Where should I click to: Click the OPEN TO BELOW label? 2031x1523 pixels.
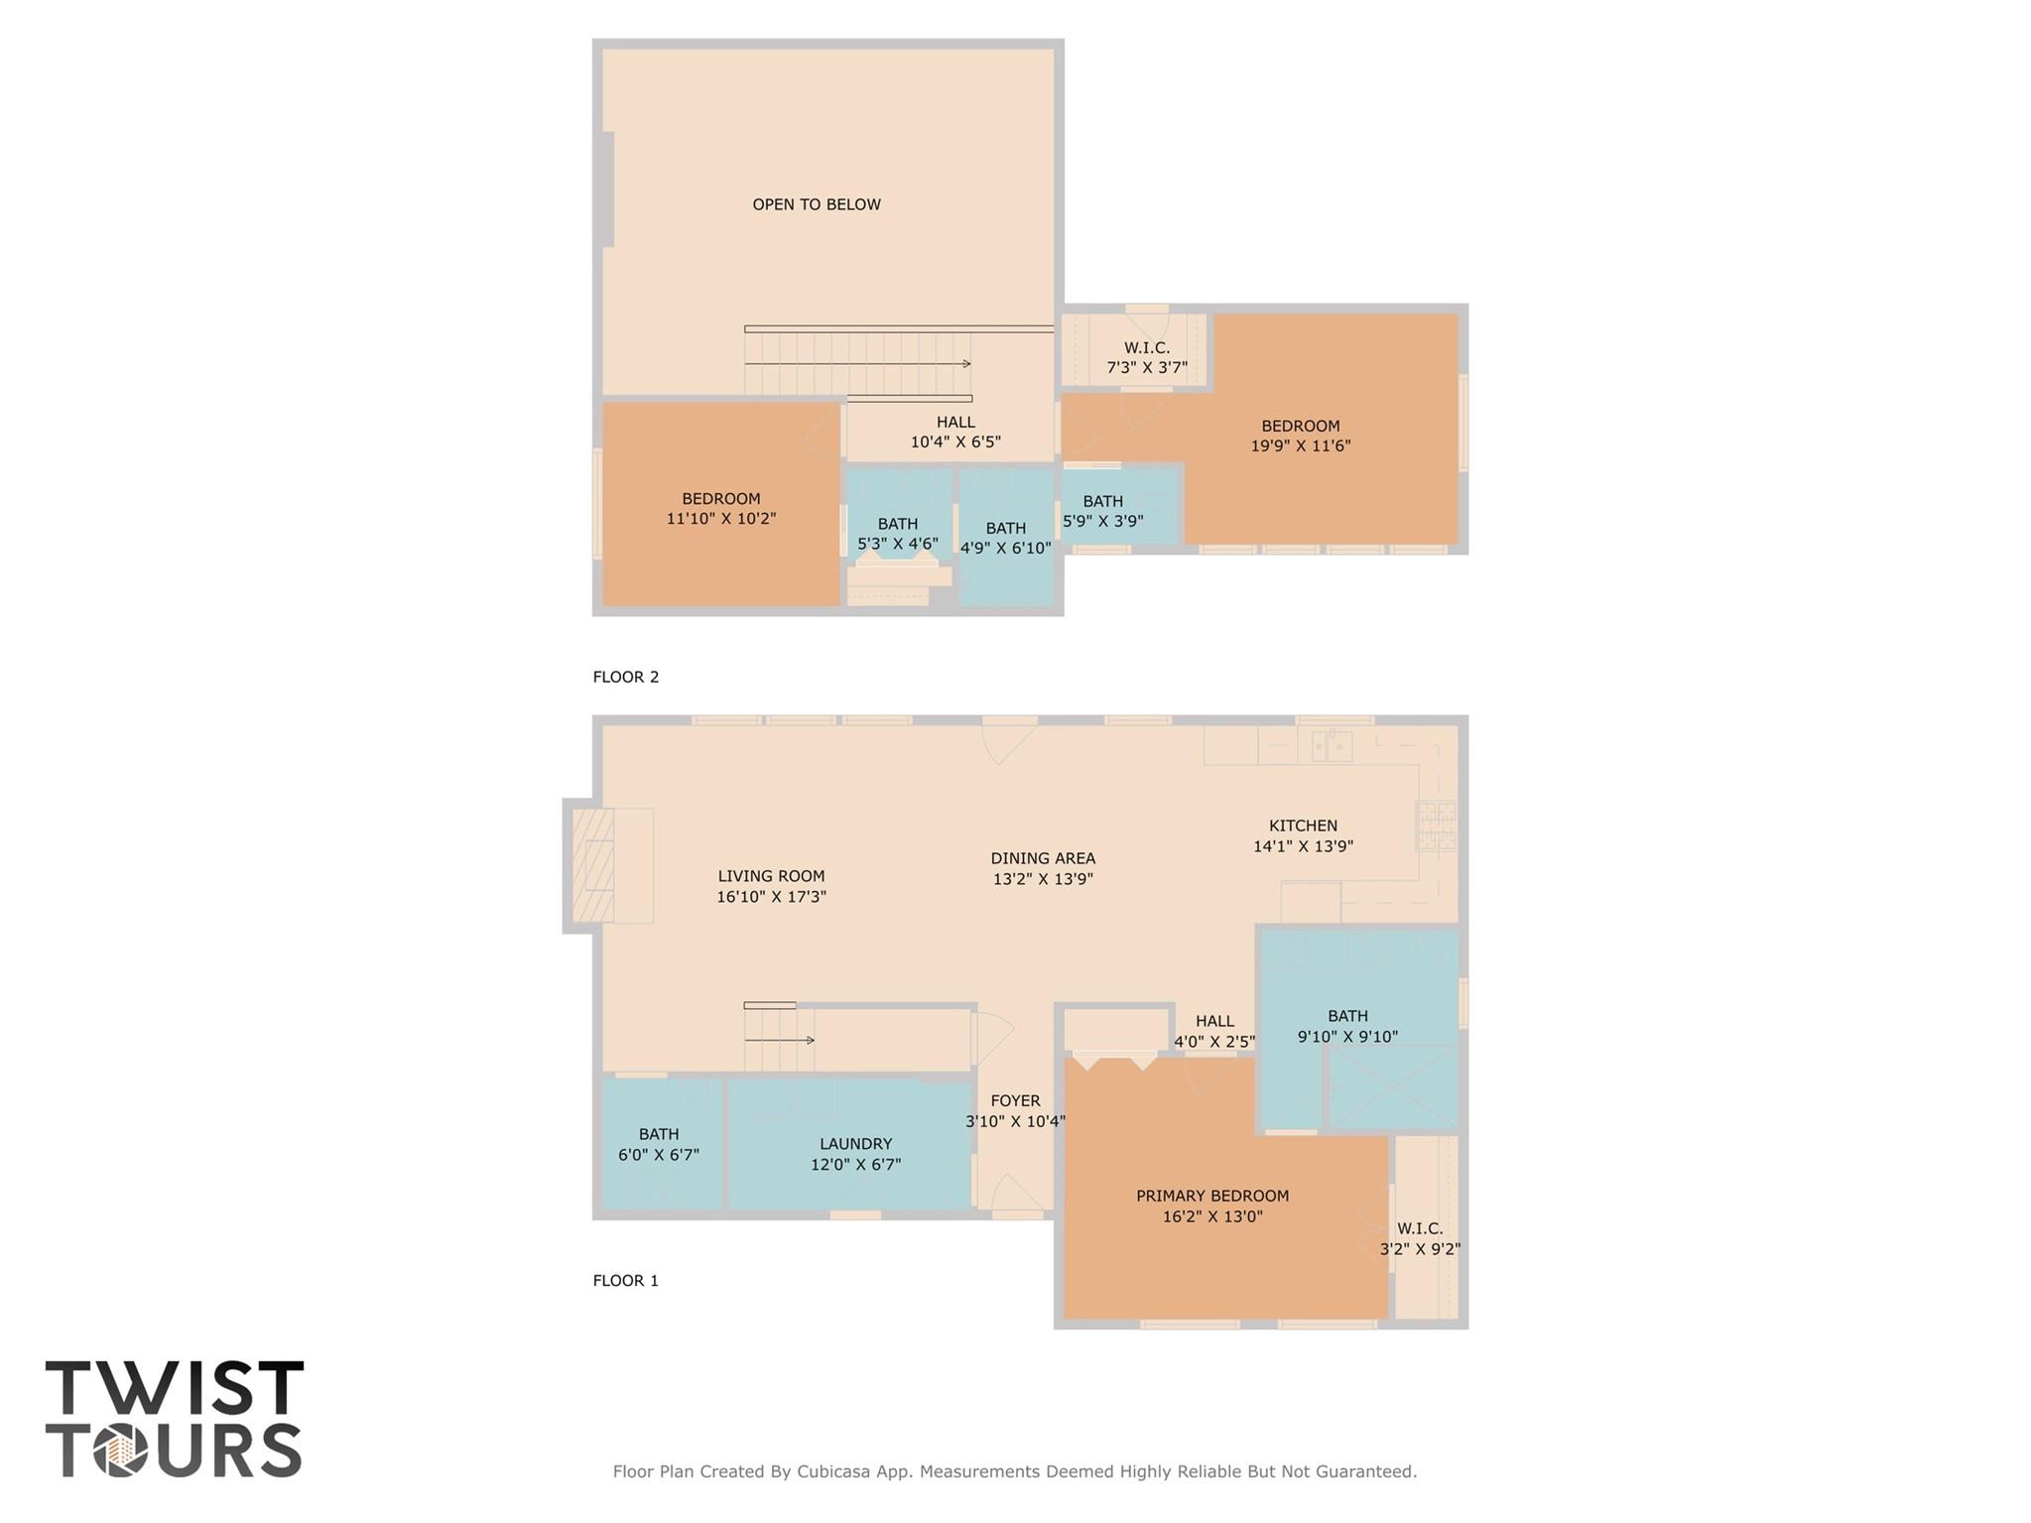click(816, 204)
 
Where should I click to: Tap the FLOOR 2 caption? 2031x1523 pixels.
click(625, 677)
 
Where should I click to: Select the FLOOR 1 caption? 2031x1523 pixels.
click(625, 1280)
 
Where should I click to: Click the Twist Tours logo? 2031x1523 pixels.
click(174, 1419)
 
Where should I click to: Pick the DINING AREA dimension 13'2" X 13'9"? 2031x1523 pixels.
click(1043, 879)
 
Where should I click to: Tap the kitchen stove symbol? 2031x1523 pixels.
click(1436, 826)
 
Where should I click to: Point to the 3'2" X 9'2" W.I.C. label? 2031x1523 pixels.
click(1420, 1239)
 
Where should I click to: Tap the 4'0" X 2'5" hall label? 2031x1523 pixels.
click(1214, 1032)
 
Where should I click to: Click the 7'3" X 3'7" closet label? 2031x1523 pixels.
click(1147, 358)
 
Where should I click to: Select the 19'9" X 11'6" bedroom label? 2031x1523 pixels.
click(1301, 436)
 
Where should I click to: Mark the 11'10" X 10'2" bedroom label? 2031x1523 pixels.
click(721, 508)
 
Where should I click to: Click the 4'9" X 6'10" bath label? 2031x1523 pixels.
click(1005, 538)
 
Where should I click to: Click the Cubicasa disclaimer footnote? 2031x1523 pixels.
click(1014, 1471)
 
